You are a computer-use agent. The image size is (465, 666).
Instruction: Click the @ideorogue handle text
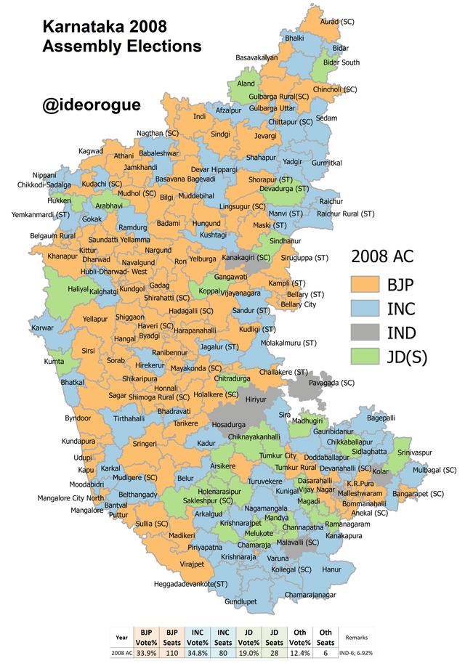[92, 105]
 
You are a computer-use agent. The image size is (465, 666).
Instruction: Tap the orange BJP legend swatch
[365, 283]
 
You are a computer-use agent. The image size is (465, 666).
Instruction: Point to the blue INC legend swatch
[365, 307]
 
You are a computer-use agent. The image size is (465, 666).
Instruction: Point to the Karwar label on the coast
[42, 328]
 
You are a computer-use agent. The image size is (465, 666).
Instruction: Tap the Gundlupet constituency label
[241, 602]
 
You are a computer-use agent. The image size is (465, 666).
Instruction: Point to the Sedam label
[327, 118]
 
